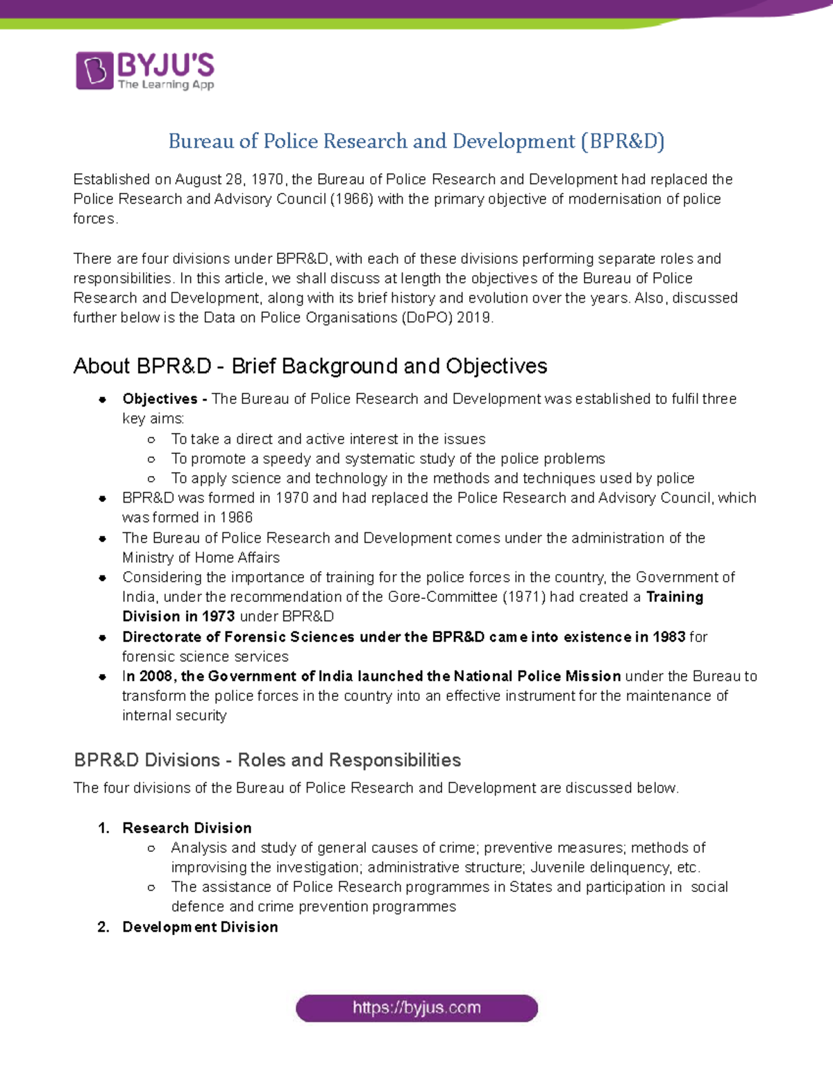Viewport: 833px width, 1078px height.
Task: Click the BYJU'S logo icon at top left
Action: pos(94,70)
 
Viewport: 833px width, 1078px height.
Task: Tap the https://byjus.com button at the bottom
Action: pos(416,1008)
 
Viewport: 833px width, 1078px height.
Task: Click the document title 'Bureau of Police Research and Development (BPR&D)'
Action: pos(416,142)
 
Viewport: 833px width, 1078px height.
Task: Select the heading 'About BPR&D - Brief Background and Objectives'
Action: pos(310,366)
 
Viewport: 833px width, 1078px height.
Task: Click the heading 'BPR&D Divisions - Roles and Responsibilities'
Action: pos(267,760)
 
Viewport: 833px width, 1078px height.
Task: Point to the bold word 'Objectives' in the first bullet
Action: pos(160,399)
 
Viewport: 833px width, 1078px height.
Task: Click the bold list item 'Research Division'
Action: pos(187,828)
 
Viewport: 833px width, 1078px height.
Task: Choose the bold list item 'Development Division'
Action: pos(200,927)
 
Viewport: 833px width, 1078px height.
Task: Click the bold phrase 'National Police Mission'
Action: pos(537,676)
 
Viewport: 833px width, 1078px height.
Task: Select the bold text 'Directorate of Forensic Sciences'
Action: pos(238,637)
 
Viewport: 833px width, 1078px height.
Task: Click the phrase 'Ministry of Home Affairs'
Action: pos(201,557)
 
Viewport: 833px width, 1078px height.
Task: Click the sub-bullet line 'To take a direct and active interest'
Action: pos(328,439)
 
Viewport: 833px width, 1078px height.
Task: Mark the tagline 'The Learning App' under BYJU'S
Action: pos(166,85)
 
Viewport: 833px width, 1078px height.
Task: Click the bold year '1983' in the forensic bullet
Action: pos(668,637)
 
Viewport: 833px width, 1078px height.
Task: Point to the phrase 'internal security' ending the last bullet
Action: pos(174,716)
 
